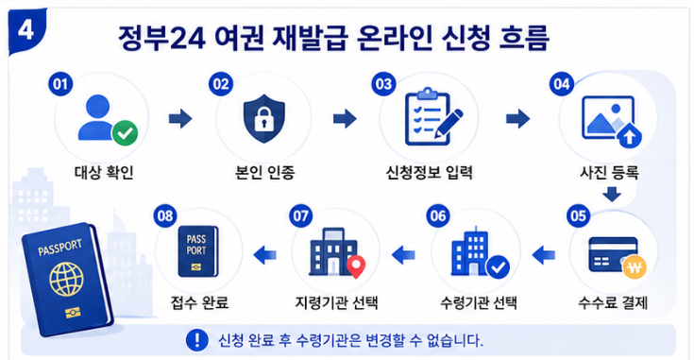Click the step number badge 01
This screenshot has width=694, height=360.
(60, 84)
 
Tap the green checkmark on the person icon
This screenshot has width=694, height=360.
(125, 133)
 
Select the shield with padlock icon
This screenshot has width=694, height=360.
(264, 118)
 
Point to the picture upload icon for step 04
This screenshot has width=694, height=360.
(612, 121)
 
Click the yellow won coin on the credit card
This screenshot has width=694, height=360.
(635, 267)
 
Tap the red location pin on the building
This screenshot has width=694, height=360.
(355, 266)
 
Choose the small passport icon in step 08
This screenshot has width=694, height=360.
(198, 251)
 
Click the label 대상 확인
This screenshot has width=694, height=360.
(104, 172)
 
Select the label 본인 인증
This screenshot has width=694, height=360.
(264, 172)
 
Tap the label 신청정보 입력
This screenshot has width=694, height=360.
(430, 172)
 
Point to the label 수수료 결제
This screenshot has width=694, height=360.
(613, 303)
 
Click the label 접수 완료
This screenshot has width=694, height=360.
(199, 303)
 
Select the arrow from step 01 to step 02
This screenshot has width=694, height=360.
(180, 119)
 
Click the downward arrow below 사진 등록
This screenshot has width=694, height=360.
(612, 194)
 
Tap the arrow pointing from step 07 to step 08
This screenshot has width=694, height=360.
(264, 254)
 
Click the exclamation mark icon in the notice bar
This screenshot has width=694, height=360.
(197, 340)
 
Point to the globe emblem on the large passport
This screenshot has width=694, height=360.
(66, 280)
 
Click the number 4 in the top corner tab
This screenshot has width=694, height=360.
(26, 30)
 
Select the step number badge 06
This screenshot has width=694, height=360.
(438, 216)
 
